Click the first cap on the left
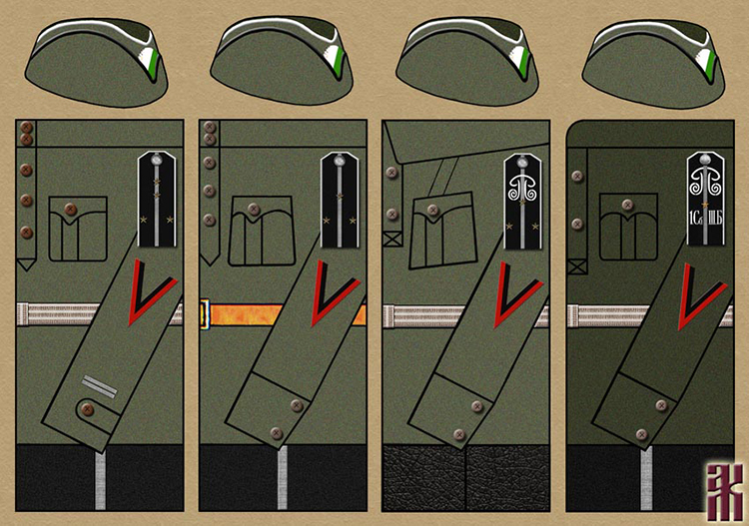click(96, 61)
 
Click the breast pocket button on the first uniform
click(70, 209)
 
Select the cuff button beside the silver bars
click(87, 408)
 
